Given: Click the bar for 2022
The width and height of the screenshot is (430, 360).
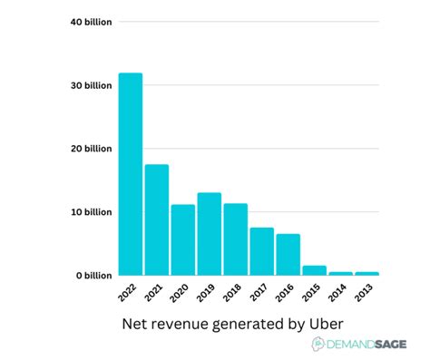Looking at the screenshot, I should (x=131, y=174).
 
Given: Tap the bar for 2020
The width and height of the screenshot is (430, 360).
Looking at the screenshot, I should (x=183, y=239).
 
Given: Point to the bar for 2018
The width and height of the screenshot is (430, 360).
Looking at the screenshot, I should (x=236, y=239).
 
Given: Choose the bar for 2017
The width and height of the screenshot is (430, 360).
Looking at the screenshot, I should (x=262, y=251).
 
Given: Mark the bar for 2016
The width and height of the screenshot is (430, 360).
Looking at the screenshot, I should (x=288, y=255).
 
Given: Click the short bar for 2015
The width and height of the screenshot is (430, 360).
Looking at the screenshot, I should (x=315, y=270).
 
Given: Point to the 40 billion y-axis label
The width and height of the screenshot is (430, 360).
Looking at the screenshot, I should (x=91, y=21).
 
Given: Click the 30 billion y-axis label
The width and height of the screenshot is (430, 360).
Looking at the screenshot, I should (x=91, y=85).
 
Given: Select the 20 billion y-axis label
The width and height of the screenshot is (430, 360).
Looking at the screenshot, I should (x=91, y=149).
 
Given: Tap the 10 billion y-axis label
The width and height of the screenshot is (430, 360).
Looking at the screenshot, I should (x=91, y=212).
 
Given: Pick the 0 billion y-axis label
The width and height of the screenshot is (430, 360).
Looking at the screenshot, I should (x=93, y=275).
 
